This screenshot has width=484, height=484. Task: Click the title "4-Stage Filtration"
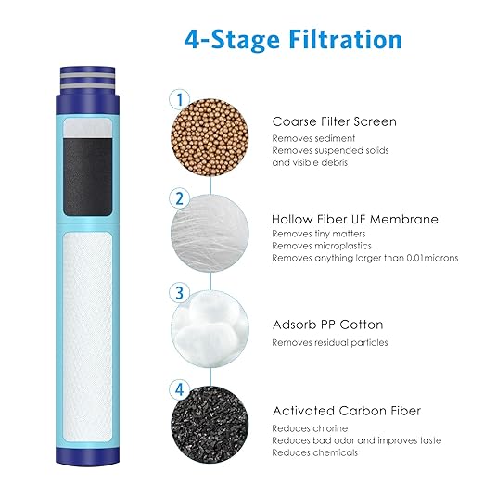tap(292, 40)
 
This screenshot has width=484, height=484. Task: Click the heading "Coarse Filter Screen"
tap(334, 121)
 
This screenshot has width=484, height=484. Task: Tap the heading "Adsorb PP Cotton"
tap(327, 325)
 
